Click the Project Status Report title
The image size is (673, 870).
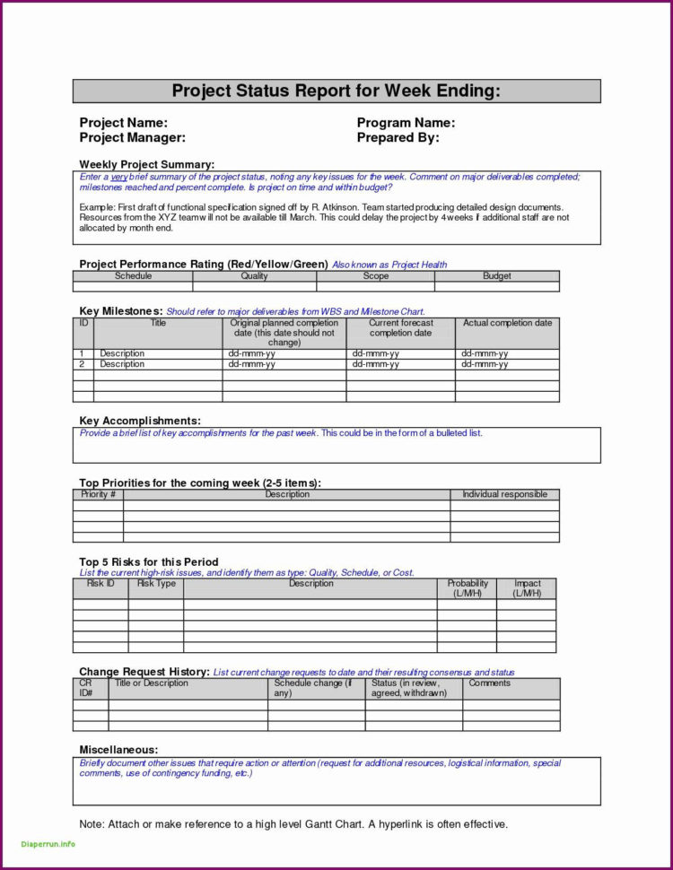pyautogui.click(x=336, y=91)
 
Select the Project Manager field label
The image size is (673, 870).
pyautogui.click(x=132, y=137)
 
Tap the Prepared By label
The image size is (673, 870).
pyautogui.click(x=398, y=137)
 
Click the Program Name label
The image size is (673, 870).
pyautogui.click(x=406, y=123)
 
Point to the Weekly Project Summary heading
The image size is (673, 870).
pyautogui.click(x=146, y=164)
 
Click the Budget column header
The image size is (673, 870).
pyautogui.click(x=497, y=276)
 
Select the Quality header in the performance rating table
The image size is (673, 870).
pyautogui.click(x=254, y=276)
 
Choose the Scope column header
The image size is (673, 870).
pyautogui.click(x=375, y=276)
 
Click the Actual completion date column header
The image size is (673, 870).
pyautogui.click(x=507, y=323)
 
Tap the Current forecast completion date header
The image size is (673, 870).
pyautogui.click(x=400, y=327)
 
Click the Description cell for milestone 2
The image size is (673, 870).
pyautogui.click(x=122, y=364)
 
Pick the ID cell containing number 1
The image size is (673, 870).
pyautogui.click(x=82, y=353)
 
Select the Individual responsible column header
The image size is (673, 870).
pyautogui.click(x=504, y=494)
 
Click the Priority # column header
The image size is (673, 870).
pyautogui.click(x=98, y=494)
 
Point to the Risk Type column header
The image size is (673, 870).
pyautogui.click(x=156, y=584)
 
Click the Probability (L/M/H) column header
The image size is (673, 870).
pyautogui.click(x=468, y=588)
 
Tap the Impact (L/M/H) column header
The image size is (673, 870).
pyautogui.click(x=527, y=588)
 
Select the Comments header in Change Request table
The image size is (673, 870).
pyautogui.click(x=489, y=683)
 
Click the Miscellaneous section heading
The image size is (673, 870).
pyautogui.click(x=118, y=749)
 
